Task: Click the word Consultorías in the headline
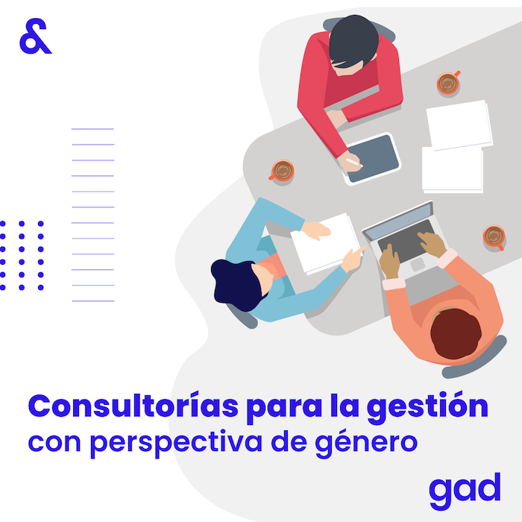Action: [133, 405]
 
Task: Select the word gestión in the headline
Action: [427, 407]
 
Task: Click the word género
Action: [366, 443]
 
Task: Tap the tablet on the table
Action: [371, 159]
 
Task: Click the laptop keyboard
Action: [406, 241]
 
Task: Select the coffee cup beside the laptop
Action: [494, 236]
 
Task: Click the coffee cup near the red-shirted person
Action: [447, 83]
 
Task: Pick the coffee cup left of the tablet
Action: [282, 171]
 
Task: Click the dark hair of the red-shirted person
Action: [353, 40]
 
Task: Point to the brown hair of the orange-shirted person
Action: [456, 333]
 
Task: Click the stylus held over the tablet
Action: [354, 162]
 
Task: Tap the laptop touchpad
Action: [418, 264]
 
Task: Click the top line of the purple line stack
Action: [92, 129]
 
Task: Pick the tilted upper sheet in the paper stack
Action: [459, 125]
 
